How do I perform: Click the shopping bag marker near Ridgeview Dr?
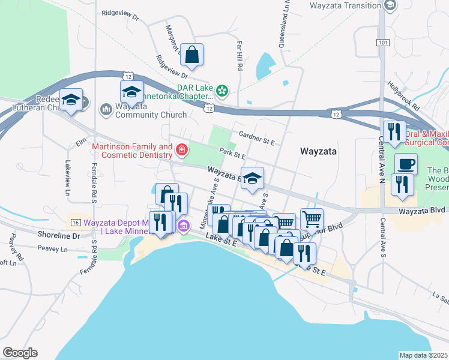click(192, 55)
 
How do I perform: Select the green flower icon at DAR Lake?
click(223, 91)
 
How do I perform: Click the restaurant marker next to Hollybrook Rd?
click(394, 133)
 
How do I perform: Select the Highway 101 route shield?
click(383, 43)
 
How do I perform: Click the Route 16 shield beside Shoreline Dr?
click(75, 222)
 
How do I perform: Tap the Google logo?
click(20, 352)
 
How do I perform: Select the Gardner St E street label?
click(256, 137)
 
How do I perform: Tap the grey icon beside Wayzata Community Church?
click(106, 109)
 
